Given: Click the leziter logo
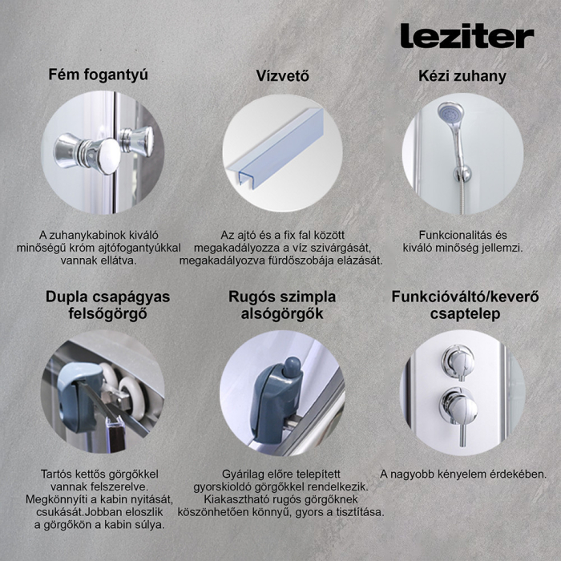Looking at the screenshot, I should pyautogui.click(x=466, y=36).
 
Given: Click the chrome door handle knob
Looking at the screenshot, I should pyautogui.click(x=88, y=151).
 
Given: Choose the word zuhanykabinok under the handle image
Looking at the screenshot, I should pyautogui.click(x=94, y=235).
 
